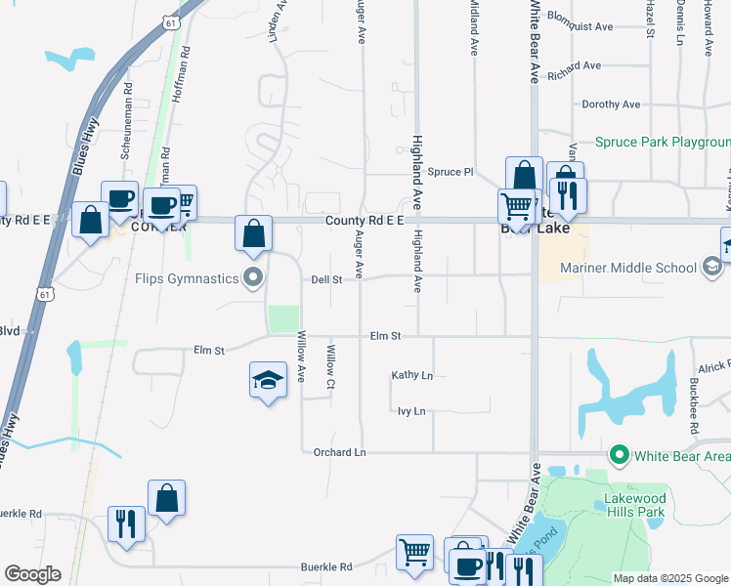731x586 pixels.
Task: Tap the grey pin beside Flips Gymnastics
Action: click(254, 278)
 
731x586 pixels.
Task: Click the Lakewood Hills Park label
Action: click(634, 504)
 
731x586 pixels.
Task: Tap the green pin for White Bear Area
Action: click(618, 455)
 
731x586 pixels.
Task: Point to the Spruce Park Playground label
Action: click(663, 143)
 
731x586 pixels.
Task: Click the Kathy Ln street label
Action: click(411, 375)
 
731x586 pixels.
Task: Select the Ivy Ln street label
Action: click(411, 411)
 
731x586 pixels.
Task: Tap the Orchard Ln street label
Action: click(339, 453)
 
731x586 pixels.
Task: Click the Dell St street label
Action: click(326, 279)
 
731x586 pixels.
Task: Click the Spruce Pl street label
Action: click(451, 172)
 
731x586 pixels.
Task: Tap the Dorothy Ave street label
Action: click(611, 105)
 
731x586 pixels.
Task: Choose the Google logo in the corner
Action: click(32, 574)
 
